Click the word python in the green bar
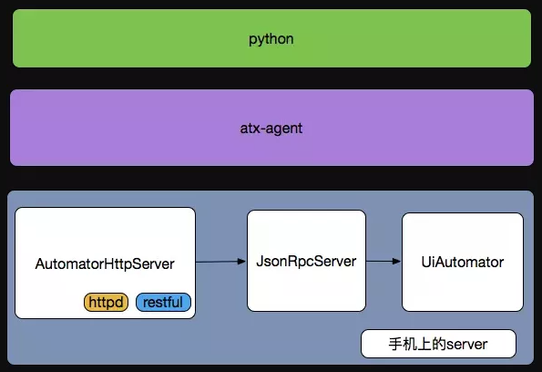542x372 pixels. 271,39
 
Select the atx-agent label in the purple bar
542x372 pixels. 271,129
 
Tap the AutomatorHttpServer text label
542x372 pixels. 105,264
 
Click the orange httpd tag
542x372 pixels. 106,302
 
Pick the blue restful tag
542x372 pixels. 163,302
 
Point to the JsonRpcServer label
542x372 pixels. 306,262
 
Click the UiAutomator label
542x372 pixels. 463,262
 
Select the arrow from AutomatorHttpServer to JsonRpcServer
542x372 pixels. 220,262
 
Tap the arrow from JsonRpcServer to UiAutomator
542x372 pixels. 383,262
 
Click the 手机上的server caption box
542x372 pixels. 438,344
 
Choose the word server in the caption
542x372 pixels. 466,345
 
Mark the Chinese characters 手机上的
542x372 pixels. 417,344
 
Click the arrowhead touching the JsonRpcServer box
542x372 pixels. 242,262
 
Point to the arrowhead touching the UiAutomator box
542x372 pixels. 397,262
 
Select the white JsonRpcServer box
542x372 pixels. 306,261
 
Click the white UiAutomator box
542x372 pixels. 463,262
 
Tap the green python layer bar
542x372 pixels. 271,38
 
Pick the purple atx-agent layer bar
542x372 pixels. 271,128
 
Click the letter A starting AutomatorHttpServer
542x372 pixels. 40,264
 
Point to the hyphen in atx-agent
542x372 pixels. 265,129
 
